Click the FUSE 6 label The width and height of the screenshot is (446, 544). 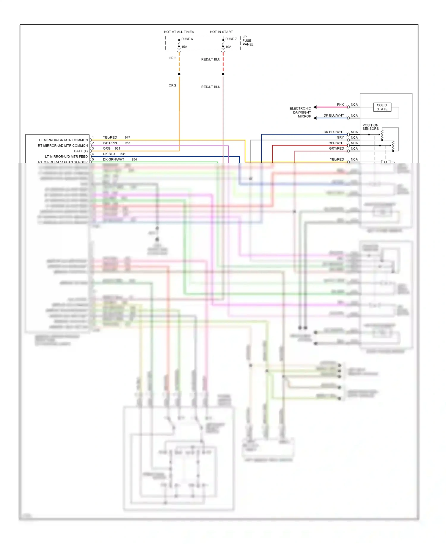[x=187, y=39]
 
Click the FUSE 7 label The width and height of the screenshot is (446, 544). [x=231, y=39]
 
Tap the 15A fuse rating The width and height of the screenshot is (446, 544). [x=184, y=47]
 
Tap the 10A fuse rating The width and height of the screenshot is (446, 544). [x=228, y=47]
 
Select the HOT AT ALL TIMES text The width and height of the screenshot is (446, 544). [x=179, y=32]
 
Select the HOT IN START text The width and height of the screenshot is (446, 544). [x=221, y=32]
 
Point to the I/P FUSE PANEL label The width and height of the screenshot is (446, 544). [x=248, y=41]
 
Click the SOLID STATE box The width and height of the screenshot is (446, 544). [x=382, y=107]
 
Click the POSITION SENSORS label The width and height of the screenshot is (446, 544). [x=370, y=127]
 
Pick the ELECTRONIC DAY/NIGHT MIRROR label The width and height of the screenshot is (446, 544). [x=301, y=112]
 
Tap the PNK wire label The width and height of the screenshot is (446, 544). [x=340, y=105]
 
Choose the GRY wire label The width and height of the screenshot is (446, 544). [x=340, y=137]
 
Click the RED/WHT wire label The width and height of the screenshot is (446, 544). [x=336, y=143]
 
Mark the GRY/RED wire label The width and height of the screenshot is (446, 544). [x=336, y=148]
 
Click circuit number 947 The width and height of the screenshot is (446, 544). [x=127, y=137]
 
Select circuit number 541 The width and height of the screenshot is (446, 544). [x=123, y=154]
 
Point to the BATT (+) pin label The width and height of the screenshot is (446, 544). [x=81, y=151]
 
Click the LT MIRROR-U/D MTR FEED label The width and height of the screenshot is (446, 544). [x=66, y=157]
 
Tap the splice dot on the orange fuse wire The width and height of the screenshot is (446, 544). [x=179, y=74]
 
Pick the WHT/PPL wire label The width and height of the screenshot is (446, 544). [x=110, y=143]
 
